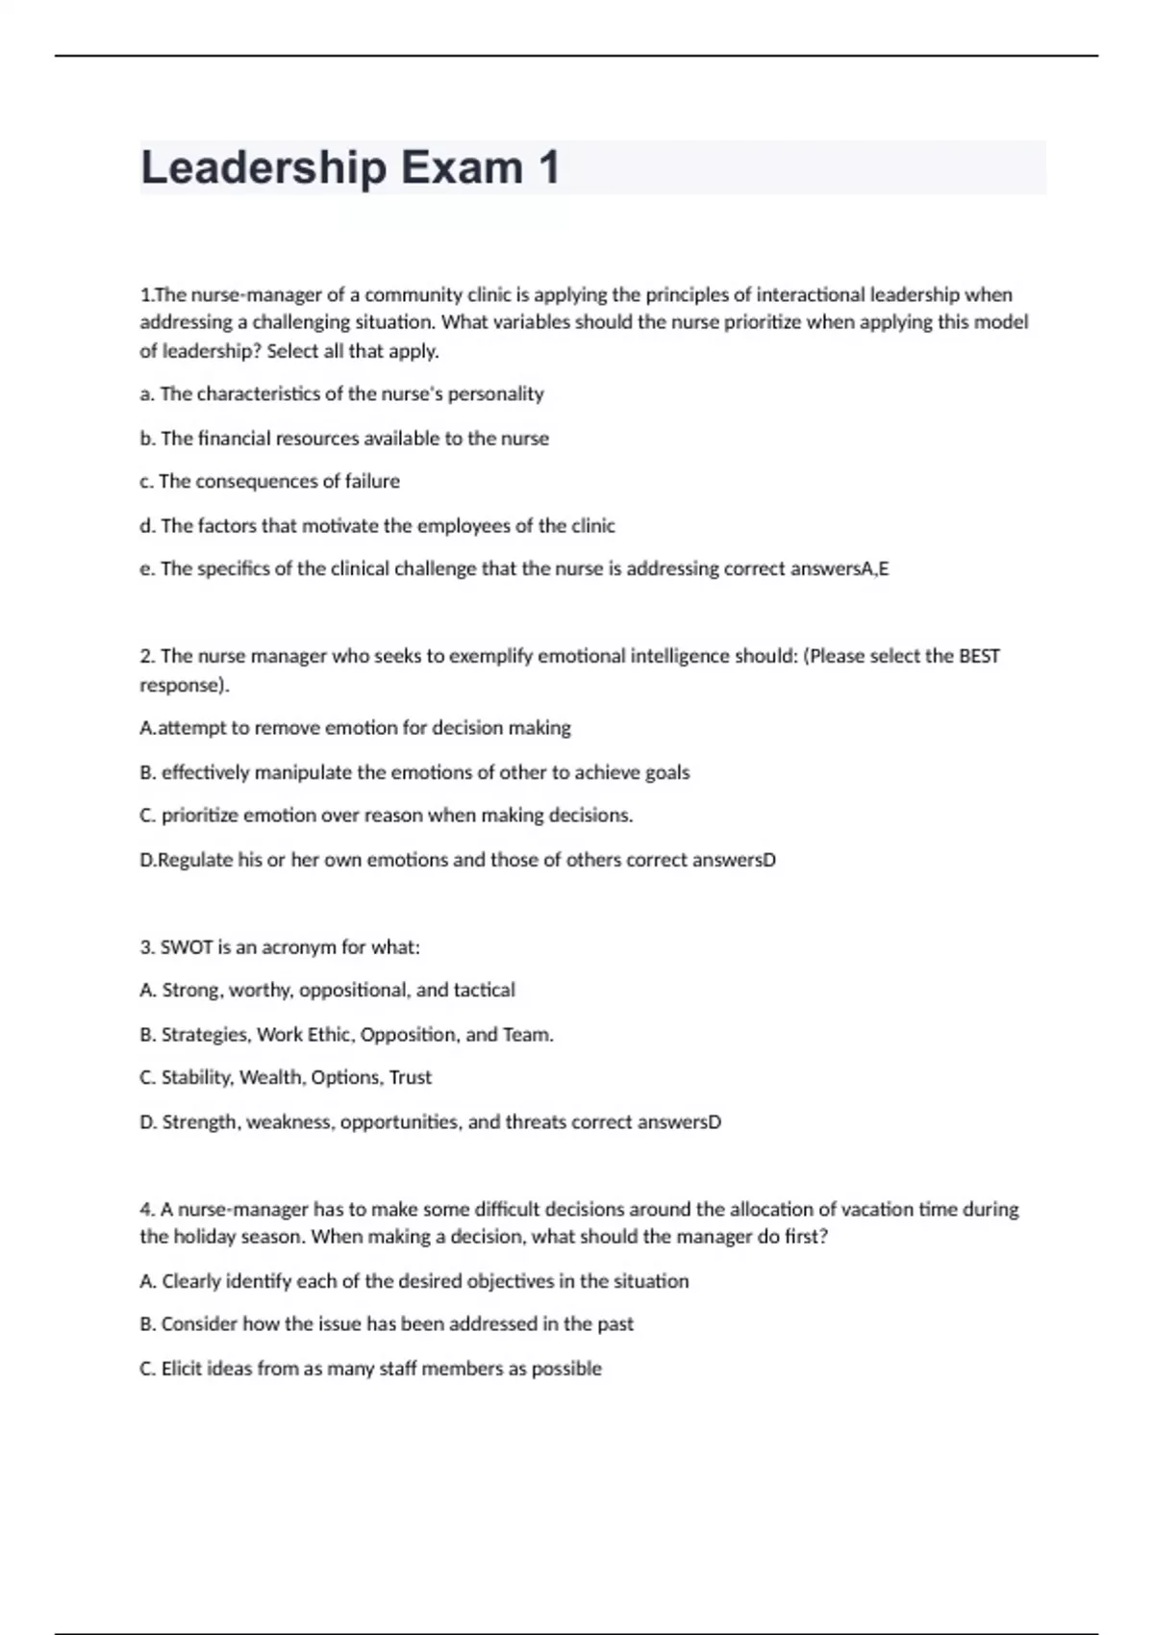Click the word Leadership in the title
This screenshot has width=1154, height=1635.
[263, 168]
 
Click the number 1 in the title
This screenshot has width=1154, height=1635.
[548, 168]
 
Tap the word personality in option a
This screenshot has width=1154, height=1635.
[495, 394]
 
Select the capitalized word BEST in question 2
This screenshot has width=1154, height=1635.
[979, 656]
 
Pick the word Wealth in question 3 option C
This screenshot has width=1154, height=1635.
[271, 1078]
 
